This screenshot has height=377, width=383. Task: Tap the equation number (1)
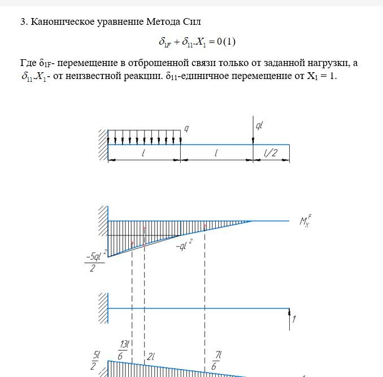[229, 42]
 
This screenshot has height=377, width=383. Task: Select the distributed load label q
[186, 129]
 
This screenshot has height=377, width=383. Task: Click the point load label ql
[259, 126]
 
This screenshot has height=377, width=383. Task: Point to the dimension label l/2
[271, 153]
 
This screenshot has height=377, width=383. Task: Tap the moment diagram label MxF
[306, 221]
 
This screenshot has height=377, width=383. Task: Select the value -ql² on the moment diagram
[184, 246]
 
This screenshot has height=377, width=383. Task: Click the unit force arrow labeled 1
[289, 319]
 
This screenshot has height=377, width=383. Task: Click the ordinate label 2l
[151, 357]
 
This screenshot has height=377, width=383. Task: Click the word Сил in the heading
[193, 22]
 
